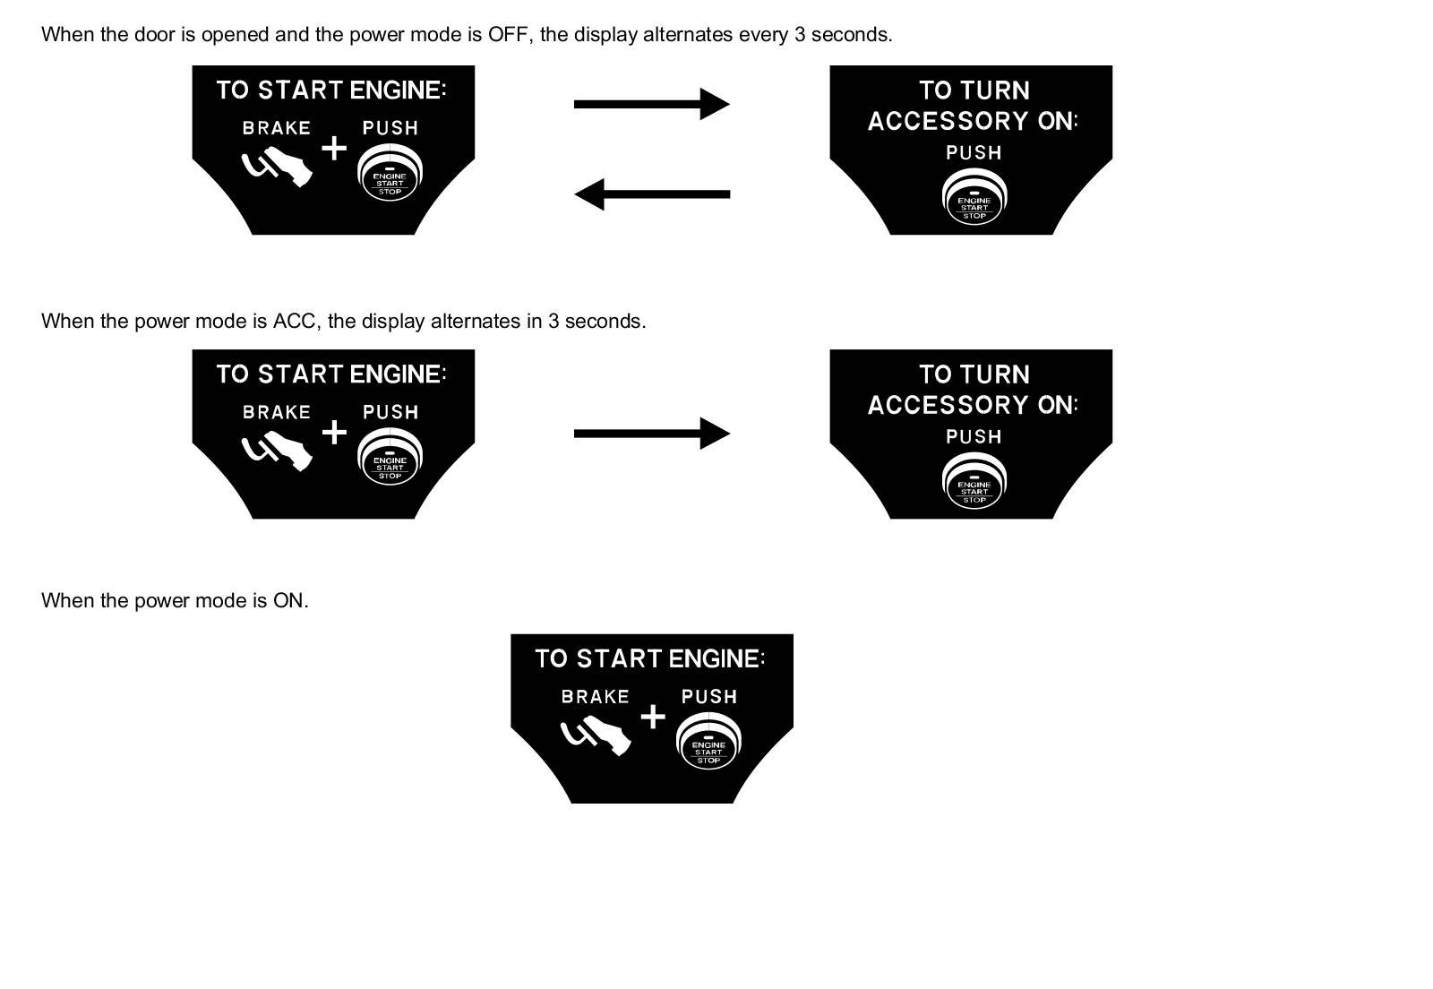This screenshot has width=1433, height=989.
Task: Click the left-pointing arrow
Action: click(x=651, y=193)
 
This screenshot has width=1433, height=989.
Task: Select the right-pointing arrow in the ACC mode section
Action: click(x=651, y=434)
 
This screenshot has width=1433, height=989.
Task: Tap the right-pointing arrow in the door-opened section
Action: click(x=651, y=104)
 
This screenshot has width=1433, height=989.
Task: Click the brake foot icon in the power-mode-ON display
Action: click(x=596, y=736)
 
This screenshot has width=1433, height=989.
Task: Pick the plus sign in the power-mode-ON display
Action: click(x=654, y=717)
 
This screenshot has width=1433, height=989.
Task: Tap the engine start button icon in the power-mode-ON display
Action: click(x=708, y=744)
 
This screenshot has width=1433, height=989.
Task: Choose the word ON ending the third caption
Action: click(x=289, y=600)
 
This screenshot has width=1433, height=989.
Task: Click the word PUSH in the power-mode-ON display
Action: click(x=709, y=696)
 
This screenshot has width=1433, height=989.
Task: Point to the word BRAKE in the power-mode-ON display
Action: click(x=595, y=696)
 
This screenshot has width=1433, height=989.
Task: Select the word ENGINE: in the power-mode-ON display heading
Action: click(x=716, y=658)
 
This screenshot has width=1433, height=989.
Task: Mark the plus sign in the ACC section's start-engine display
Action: click(x=334, y=433)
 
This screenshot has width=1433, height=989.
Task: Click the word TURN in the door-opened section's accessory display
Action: click(x=995, y=90)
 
